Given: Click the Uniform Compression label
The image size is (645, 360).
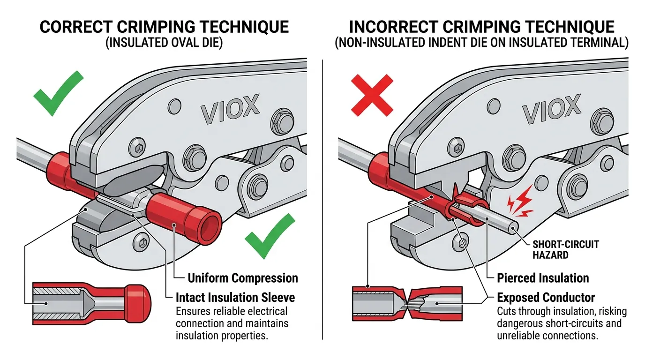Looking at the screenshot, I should coord(242,278).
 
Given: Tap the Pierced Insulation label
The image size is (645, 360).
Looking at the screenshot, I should coord(543,278).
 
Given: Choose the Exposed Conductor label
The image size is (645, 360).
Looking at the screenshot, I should coord(546,297).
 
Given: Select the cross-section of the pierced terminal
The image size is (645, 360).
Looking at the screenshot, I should coord(407,303).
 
